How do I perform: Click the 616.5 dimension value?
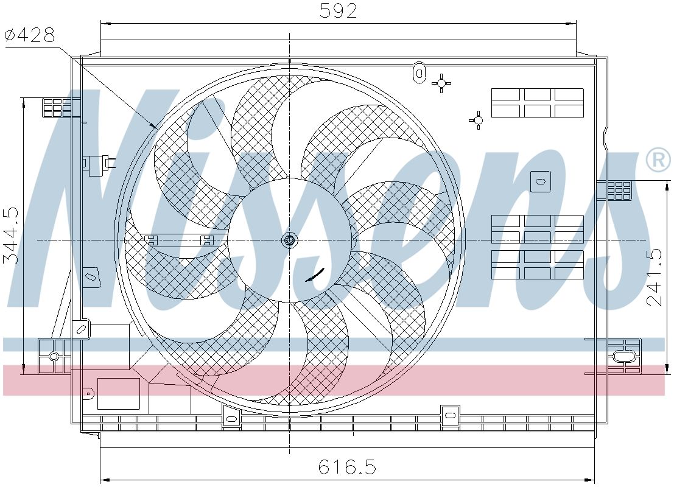pyautogui.click(x=348, y=467)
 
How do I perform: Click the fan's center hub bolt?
pyautogui.click(x=290, y=240)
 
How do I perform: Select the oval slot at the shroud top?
pyautogui.click(x=419, y=71)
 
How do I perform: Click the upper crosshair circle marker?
pyautogui.click(x=441, y=83)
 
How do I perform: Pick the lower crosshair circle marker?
pyautogui.click(x=479, y=120)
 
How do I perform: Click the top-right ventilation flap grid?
pyautogui.click(x=537, y=102)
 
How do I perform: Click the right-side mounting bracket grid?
pyautogui.click(x=619, y=190)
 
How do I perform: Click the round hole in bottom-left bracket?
pyautogui.click(x=54, y=356)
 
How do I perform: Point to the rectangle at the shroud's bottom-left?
pyautogui.click(x=119, y=393)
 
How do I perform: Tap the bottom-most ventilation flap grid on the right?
pyautogui.click(x=537, y=264)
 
